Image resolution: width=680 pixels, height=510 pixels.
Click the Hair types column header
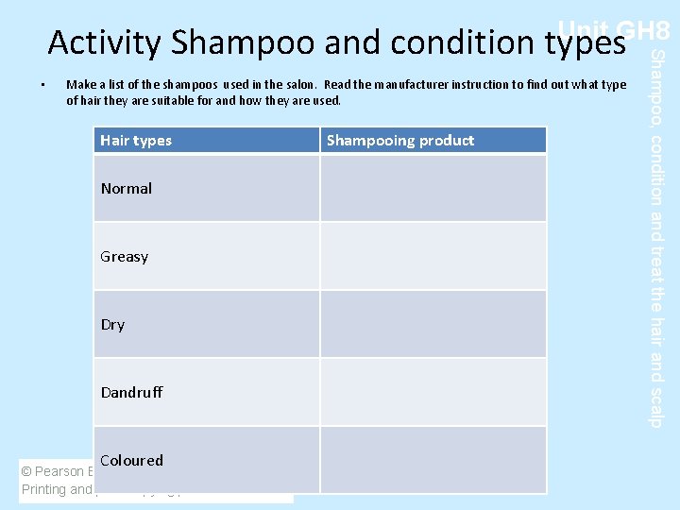[x=136, y=141]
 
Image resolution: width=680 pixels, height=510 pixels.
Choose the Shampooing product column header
[x=400, y=141]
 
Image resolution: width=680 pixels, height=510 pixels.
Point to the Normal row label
[x=127, y=189]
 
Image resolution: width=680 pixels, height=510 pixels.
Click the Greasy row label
[x=125, y=257]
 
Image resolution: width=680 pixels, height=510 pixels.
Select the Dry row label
[x=112, y=325]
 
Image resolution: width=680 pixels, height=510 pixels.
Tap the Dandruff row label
[x=131, y=392]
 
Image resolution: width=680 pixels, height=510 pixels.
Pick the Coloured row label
[x=131, y=461]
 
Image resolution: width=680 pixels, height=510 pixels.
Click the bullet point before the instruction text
[x=44, y=86]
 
